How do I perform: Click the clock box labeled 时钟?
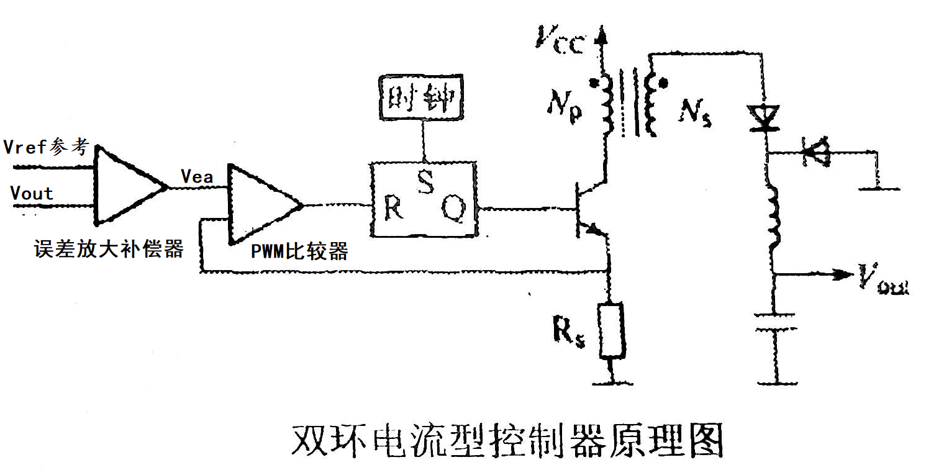pos(423,97)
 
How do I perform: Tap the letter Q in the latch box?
pos(452,212)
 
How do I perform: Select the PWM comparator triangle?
pos(261,204)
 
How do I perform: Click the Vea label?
pos(197,176)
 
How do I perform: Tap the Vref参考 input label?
pos(47,147)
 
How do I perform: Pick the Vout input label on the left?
pos(32,193)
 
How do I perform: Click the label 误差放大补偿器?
pos(108,249)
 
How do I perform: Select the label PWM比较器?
pos(299,251)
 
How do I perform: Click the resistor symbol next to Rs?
pos(612,331)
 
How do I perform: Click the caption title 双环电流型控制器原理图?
pos(507,440)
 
